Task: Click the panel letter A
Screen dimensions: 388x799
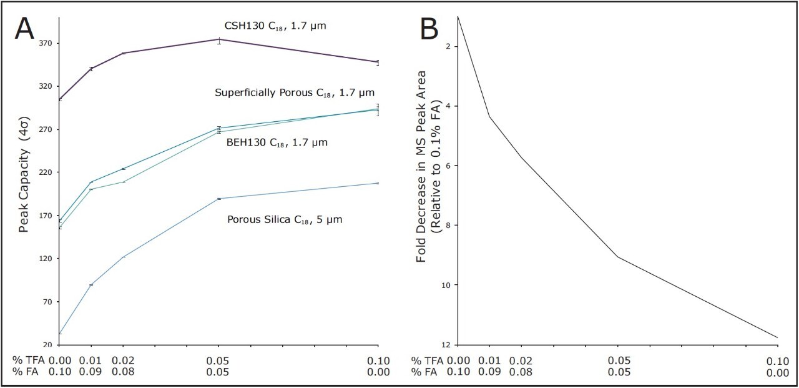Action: [24, 29]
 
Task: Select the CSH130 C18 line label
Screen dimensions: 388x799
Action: [275, 26]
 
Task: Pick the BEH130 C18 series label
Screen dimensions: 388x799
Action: [277, 143]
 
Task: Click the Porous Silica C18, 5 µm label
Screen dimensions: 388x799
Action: [285, 220]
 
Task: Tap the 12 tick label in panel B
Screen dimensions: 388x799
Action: [447, 345]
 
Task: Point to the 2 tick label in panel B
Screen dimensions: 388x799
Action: [449, 46]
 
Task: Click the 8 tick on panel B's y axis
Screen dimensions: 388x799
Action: [449, 226]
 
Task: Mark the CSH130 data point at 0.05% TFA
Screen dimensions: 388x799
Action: [218, 40]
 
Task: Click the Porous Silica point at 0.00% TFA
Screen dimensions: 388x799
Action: [60, 334]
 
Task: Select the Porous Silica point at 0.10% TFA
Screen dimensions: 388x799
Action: [378, 183]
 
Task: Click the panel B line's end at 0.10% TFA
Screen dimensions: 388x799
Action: [778, 338]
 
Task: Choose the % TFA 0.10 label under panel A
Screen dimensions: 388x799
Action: [378, 361]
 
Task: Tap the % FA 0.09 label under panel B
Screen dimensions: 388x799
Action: [490, 372]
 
